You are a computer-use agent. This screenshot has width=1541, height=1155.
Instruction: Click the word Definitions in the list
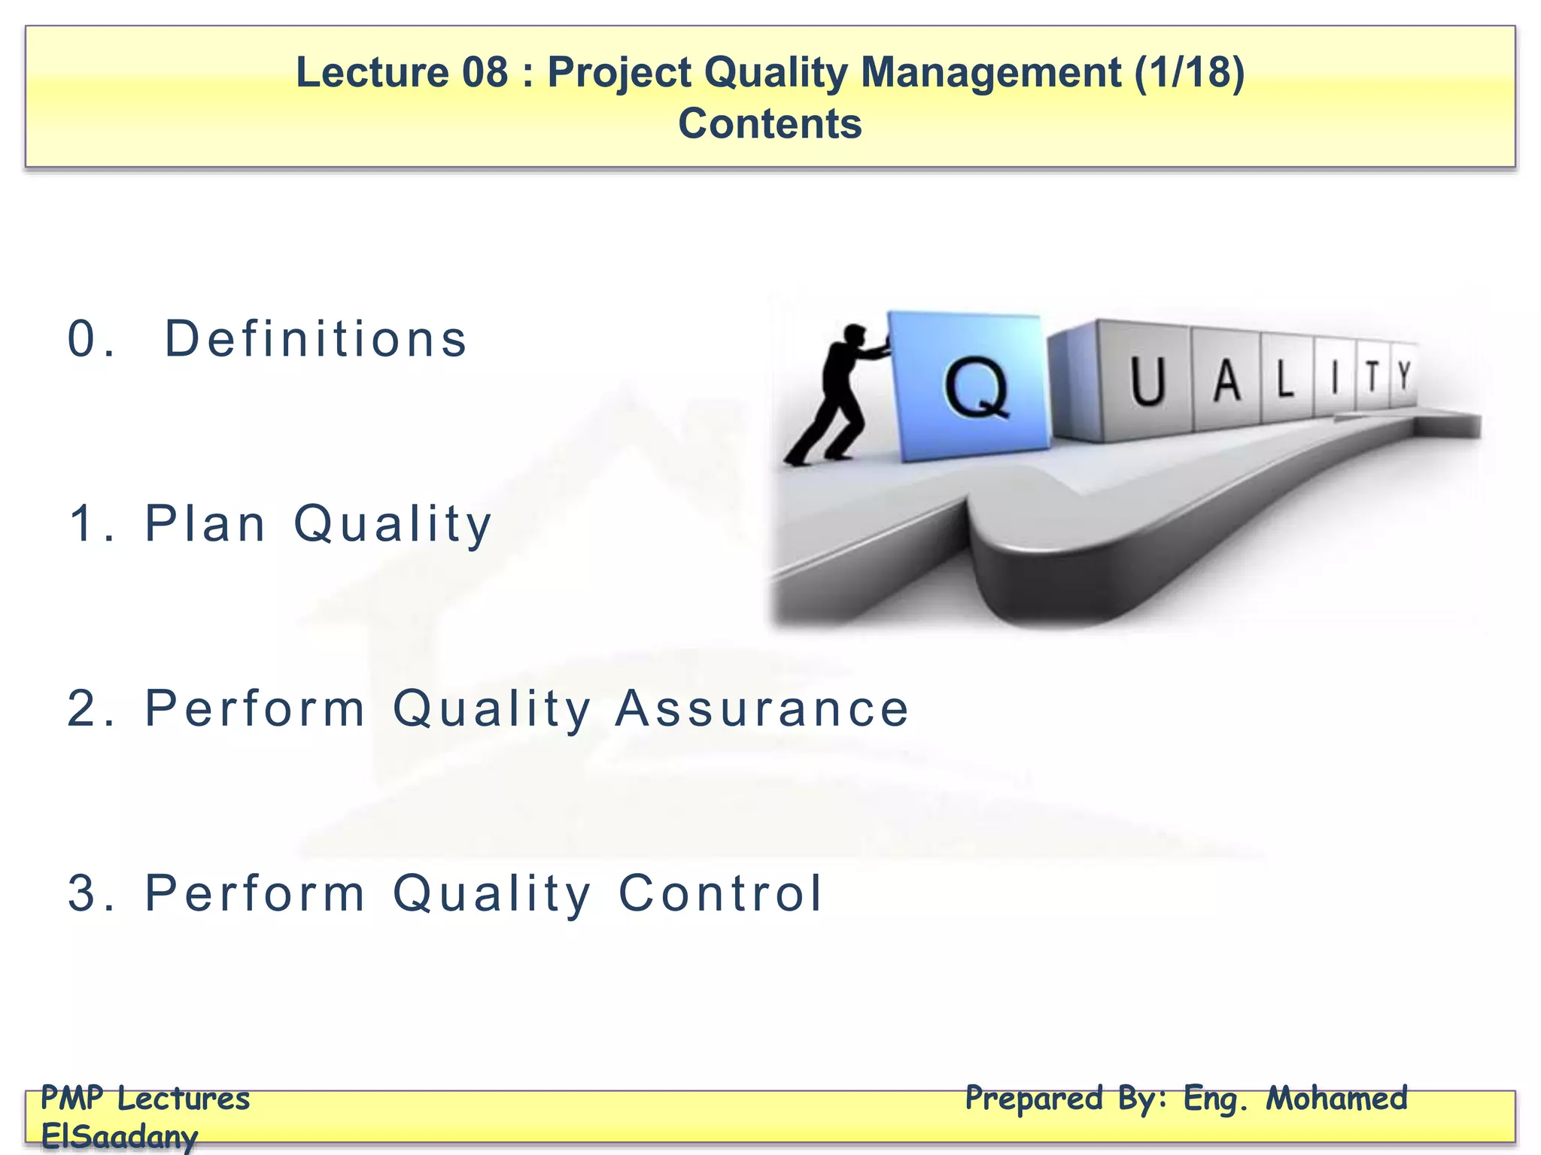click(x=316, y=339)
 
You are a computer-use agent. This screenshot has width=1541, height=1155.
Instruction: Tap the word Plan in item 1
click(x=205, y=523)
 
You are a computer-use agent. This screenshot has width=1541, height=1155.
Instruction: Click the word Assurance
click(x=761, y=708)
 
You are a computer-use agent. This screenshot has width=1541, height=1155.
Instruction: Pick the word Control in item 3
click(x=720, y=893)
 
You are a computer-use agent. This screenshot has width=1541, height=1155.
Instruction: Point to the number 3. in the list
click(x=91, y=893)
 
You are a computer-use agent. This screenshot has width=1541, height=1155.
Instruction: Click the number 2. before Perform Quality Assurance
click(x=91, y=708)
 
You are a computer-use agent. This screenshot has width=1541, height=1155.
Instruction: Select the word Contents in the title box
click(x=770, y=124)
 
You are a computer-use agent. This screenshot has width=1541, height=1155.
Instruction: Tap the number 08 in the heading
click(x=485, y=73)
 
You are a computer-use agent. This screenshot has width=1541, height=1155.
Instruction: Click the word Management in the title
click(x=990, y=73)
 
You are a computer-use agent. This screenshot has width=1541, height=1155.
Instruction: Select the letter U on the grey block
click(x=1147, y=382)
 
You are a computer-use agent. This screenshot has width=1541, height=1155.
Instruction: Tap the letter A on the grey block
click(x=1226, y=380)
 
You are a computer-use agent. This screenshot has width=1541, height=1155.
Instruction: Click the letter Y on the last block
click(x=1403, y=375)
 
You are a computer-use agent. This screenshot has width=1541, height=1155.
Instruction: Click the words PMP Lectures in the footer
click(x=145, y=1099)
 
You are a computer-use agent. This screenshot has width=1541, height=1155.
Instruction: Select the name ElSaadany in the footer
click(x=119, y=1136)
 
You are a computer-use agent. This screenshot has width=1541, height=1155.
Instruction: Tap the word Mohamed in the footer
click(x=1336, y=1099)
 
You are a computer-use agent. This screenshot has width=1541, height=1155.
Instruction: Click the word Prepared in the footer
click(x=1034, y=1099)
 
